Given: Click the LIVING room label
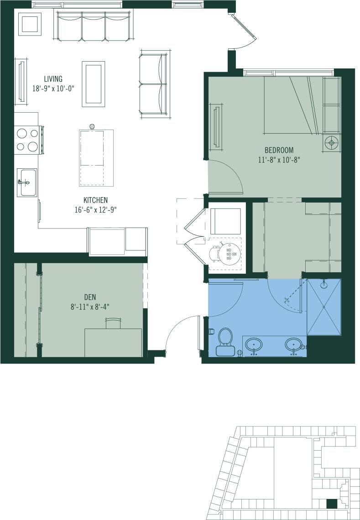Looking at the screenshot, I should tap(53, 78).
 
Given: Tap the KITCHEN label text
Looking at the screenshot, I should tap(95, 200).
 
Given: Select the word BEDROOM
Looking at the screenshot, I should tap(278, 150).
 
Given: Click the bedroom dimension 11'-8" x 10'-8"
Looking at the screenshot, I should tap(278, 160).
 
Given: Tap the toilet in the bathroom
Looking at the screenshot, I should tap(224, 342).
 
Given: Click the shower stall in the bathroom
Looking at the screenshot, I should tap(324, 307).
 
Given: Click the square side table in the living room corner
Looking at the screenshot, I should tap(30, 24).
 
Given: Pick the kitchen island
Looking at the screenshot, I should tap(96, 157).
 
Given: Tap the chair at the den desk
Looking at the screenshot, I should tap(113, 323).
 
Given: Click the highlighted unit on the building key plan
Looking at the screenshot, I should tap(332, 504).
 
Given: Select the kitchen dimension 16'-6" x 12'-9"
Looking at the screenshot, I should tap(95, 210).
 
